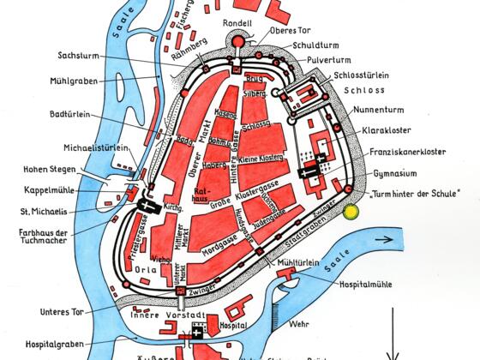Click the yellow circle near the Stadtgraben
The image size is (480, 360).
point(350,212)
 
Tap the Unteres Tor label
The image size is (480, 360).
point(63,311)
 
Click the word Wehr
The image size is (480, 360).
point(301,325)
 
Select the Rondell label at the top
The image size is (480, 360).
point(237,23)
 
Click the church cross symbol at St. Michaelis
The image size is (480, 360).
point(143,207)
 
